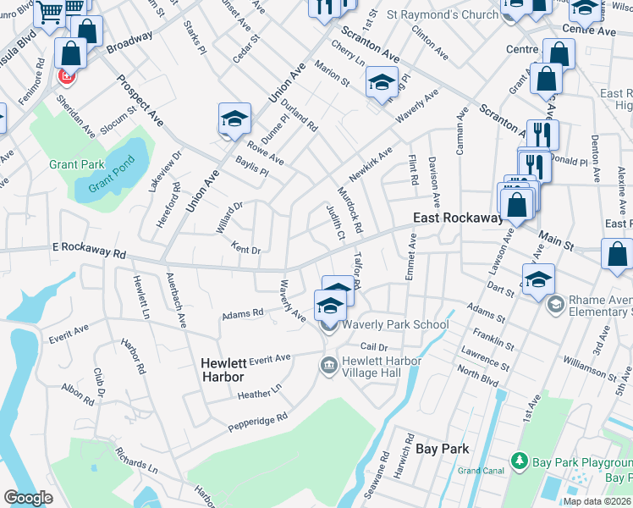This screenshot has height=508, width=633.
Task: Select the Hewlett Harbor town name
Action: (x=223, y=369)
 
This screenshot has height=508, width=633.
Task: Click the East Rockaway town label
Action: (x=458, y=218)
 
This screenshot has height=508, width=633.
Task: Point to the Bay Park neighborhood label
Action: (x=443, y=449)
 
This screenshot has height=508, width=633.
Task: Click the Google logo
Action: (x=28, y=498)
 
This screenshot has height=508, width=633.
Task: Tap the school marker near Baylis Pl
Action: (x=234, y=119)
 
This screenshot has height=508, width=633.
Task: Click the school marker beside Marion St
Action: (x=382, y=83)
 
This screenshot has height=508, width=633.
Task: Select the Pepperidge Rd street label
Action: (x=257, y=422)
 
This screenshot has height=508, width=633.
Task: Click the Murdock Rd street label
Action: (x=350, y=211)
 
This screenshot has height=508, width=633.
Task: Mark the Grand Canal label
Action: (x=481, y=470)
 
